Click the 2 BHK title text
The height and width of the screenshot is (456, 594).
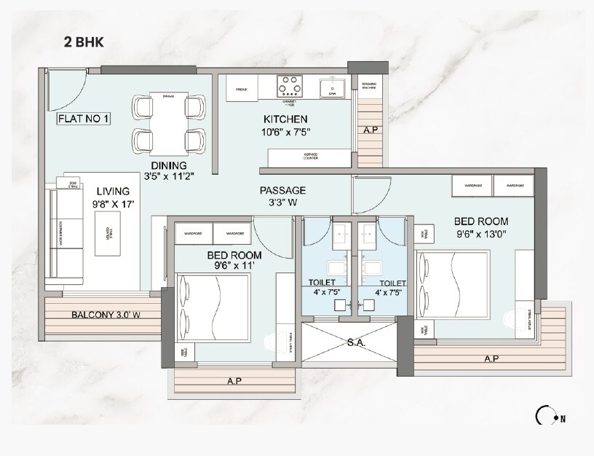tap(84, 42)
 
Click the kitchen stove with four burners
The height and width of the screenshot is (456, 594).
tap(289, 87)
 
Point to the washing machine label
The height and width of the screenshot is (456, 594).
tap(370, 88)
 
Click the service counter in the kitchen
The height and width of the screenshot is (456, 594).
tap(308, 157)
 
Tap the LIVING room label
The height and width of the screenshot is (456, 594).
tap(113, 192)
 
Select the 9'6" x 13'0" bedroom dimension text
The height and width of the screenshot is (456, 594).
tap(480, 235)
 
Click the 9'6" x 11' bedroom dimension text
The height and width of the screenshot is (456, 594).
tap(234, 267)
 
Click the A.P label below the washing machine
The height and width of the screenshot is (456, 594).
tap(370, 131)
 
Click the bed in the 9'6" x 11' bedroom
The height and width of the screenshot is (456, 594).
tap(214, 307)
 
